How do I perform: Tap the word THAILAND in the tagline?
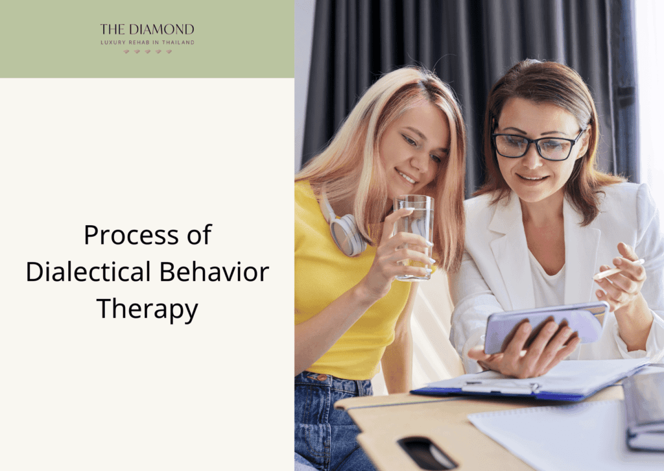178,42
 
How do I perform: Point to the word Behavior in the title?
214,272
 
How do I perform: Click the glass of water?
414,237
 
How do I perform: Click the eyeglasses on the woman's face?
537,144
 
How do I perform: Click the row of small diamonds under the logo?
147,52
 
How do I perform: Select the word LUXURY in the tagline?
114,42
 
